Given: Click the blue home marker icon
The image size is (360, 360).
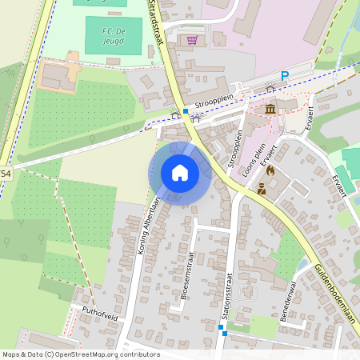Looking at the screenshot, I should pos(180,172).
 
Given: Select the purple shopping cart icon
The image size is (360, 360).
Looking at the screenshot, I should pos(191,39).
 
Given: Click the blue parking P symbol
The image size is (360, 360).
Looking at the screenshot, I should pos(284,76).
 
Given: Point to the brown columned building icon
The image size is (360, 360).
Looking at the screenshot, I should pos(270,108).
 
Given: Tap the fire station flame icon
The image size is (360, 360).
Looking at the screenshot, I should pos(270,170).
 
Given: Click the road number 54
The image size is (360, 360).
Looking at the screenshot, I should pos(5,174).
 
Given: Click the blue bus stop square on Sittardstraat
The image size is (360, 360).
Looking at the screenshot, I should pos(185,111).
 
